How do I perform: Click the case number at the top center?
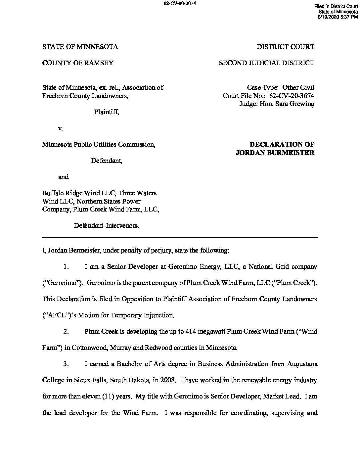[x=180, y=3]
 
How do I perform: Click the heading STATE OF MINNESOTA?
[x=80, y=47]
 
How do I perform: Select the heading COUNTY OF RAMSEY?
[x=78, y=63]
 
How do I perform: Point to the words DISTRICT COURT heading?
[x=286, y=47]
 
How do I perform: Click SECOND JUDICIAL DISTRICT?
[x=266, y=63]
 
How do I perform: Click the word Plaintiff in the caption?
[x=106, y=112]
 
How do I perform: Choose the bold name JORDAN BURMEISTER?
[x=275, y=153]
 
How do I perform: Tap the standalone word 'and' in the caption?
[x=63, y=177]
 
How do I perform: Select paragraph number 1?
[x=66, y=267]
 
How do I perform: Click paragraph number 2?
[x=66, y=332]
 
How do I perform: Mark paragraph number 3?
[x=66, y=364]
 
